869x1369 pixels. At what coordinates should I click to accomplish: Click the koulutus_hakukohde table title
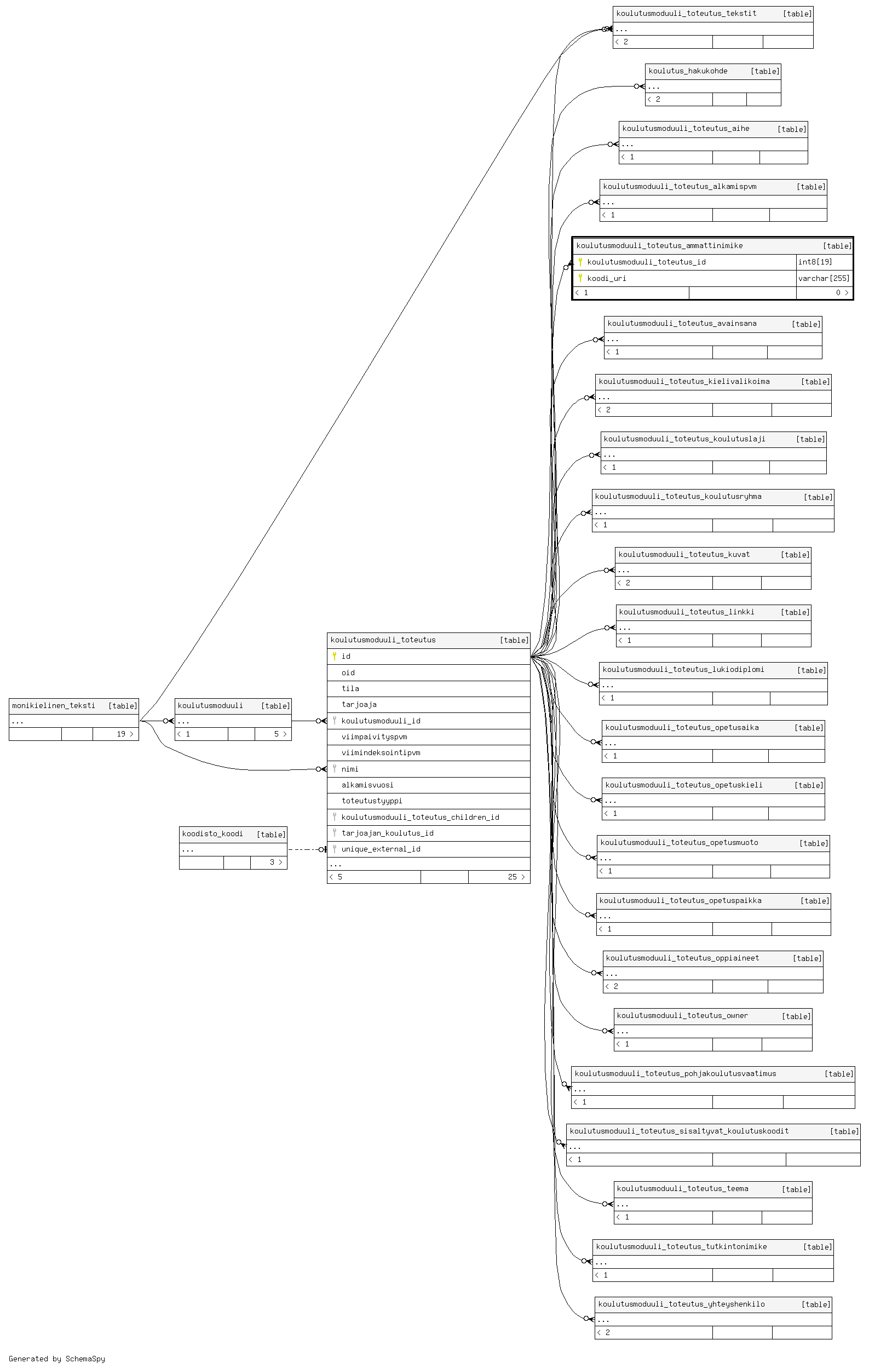(688, 71)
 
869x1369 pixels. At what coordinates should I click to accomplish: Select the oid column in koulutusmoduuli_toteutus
(348, 672)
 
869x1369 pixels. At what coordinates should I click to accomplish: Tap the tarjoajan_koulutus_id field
(387, 833)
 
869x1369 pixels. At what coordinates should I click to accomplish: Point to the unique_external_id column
(381, 849)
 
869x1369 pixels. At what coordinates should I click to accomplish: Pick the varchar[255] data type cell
(824, 279)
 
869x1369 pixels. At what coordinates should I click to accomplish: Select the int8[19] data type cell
(815, 262)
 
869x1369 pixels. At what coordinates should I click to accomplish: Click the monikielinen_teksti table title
(54, 705)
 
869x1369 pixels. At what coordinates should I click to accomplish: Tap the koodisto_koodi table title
(212, 833)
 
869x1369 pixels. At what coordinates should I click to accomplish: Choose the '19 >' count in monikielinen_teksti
(125, 734)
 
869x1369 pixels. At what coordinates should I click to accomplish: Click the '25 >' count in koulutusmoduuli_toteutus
(516, 877)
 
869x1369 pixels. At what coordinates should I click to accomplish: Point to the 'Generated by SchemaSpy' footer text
(57, 1359)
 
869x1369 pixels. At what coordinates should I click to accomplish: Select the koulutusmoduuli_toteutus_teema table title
(682, 1188)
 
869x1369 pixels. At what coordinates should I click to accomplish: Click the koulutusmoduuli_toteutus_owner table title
(682, 1015)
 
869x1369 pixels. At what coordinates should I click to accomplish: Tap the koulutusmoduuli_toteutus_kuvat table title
(684, 554)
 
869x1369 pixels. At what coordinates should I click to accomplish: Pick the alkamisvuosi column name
(367, 785)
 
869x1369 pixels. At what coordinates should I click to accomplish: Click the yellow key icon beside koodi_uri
(580, 278)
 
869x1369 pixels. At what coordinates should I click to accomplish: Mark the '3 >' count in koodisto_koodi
(275, 862)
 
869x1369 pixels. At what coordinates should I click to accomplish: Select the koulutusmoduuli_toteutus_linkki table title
(687, 612)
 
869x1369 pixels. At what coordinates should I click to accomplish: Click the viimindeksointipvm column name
(381, 753)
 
